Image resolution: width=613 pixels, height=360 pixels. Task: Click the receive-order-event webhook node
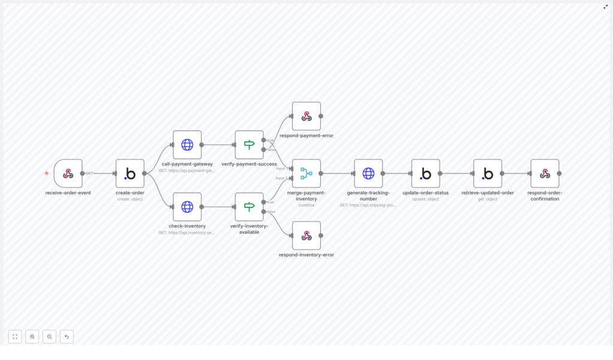[68, 174]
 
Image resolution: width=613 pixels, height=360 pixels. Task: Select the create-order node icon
[130, 174]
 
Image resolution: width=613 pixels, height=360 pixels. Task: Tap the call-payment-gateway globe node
[187, 145]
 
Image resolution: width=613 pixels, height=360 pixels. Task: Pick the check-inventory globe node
[187, 207]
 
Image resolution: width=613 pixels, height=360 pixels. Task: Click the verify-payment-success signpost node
[249, 145]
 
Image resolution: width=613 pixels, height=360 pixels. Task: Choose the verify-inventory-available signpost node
[249, 207]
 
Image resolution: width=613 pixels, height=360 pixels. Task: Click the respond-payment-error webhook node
[306, 116]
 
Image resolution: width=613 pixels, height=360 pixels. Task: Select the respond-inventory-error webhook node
[306, 235]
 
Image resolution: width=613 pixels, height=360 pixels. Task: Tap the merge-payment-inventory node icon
[306, 174]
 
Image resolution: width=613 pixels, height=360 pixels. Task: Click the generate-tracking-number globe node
[368, 174]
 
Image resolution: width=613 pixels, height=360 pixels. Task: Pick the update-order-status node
[426, 174]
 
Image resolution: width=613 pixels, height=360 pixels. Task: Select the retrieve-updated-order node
[488, 174]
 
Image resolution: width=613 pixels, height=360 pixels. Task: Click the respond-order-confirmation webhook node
[545, 174]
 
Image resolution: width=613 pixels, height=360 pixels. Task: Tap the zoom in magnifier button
[32, 337]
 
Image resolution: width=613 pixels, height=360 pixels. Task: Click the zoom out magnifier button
[49, 337]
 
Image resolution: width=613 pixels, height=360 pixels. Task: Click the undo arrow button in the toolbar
[66, 337]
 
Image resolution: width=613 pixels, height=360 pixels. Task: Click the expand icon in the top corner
[605, 7]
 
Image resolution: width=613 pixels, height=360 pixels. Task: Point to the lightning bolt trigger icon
[47, 174]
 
